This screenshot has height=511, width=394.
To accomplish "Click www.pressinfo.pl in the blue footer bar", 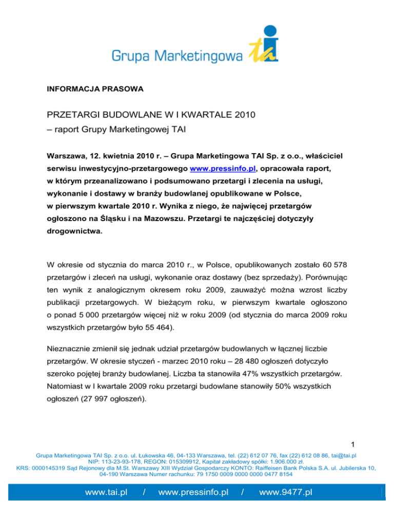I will click(193, 493).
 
